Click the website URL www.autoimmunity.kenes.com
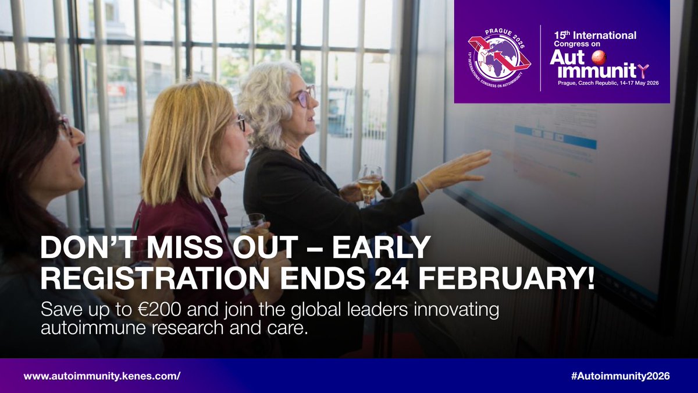pyautogui.click(x=102, y=376)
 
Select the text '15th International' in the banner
pyautogui.click(x=594, y=36)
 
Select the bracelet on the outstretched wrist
pyautogui.click(x=423, y=186)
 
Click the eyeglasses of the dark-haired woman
pyautogui.click(x=65, y=125)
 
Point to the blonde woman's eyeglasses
pyautogui.click(x=240, y=122)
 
